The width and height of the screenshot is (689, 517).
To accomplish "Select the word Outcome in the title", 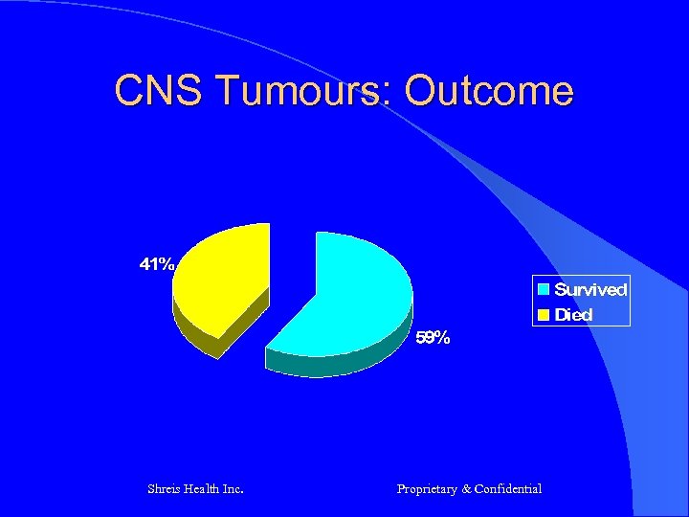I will [489, 91].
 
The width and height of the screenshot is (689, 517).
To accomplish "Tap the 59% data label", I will [432, 338].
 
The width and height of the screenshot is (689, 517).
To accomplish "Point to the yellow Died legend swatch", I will [543, 314].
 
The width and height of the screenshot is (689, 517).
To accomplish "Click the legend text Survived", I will [590, 289].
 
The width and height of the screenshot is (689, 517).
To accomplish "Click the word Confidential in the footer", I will [508, 489].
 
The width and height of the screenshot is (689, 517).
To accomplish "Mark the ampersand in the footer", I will [466, 489].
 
